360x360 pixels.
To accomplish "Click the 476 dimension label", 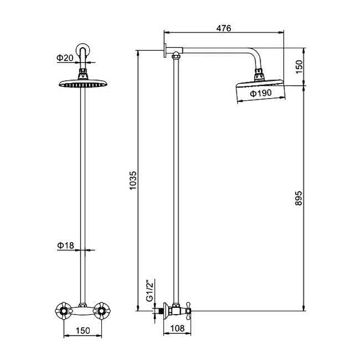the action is tap(224, 28).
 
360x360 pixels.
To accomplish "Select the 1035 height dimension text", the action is tap(133, 180).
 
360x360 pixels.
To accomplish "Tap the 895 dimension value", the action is tap(298, 198).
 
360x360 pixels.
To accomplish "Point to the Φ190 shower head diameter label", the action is tap(261, 93).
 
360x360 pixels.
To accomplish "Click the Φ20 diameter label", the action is tap(65, 58).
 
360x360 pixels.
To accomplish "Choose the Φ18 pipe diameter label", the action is tap(66, 245).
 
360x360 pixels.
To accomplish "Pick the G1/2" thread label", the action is tap(149, 290).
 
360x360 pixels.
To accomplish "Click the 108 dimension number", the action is tap(177, 328).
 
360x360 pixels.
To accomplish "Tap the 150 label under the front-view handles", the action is tap(83, 331).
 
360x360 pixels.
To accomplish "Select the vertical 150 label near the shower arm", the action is tap(299, 67).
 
